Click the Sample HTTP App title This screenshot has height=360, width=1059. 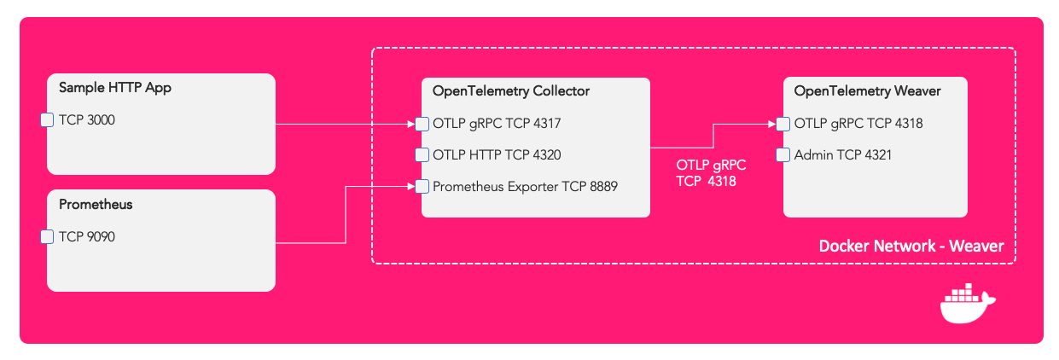click(x=114, y=87)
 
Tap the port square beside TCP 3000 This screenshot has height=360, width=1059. click(x=48, y=120)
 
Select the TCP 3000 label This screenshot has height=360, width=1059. click(x=87, y=120)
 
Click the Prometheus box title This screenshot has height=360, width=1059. click(x=96, y=204)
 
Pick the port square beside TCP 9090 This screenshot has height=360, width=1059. click(x=48, y=237)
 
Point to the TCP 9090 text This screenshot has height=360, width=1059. click(x=87, y=237)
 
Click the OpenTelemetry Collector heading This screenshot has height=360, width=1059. click(x=511, y=90)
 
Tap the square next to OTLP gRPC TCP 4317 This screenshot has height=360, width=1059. click(x=422, y=124)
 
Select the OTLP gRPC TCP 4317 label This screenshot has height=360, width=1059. click(x=497, y=124)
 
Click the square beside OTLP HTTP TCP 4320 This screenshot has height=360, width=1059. click(x=422, y=155)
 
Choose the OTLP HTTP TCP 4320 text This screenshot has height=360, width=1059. click(x=497, y=155)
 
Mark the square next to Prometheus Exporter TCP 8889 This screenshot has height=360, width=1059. click(x=422, y=186)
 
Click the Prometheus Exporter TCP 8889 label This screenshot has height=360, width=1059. click(x=525, y=186)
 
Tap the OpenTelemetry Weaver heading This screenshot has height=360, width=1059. click(x=868, y=90)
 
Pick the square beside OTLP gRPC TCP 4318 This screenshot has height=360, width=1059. click(x=783, y=124)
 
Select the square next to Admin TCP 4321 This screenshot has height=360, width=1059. click(x=783, y=155)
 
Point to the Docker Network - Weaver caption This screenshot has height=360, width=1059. click(x=911, y=247)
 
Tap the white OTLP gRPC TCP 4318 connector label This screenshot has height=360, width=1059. click(x=711, y=173)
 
